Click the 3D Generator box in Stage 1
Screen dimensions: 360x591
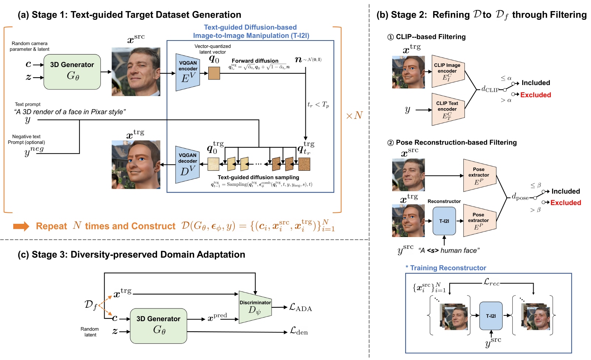(x=72, y=72)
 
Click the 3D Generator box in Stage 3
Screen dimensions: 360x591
(x=158, y=326)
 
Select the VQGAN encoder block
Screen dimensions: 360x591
(x=188, y=73)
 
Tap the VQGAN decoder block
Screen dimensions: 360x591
(x=188, y=165)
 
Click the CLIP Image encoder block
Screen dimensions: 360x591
(x=447, y=71)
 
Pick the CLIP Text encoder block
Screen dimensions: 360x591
(x=447, y=109)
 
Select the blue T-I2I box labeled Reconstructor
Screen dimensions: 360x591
(x=444, y=221)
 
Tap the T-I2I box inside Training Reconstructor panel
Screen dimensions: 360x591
(x=491, y=316)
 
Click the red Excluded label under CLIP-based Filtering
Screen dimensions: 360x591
(x=535, y=95)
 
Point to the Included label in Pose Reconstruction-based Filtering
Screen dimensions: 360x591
(x=565, y=191)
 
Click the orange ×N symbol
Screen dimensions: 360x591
(x=354, y=116)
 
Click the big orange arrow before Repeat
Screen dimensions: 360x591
(x=21, y=226)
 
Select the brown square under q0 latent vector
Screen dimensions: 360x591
(x=214, y=73)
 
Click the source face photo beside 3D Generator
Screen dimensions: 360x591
(x=136, y=72)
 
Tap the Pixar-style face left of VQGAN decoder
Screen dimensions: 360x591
(x=136, y=165)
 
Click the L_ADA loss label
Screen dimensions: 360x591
(x=300, y=307)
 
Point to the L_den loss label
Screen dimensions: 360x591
(x=298, y=331)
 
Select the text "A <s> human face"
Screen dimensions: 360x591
(x=449, y=251)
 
